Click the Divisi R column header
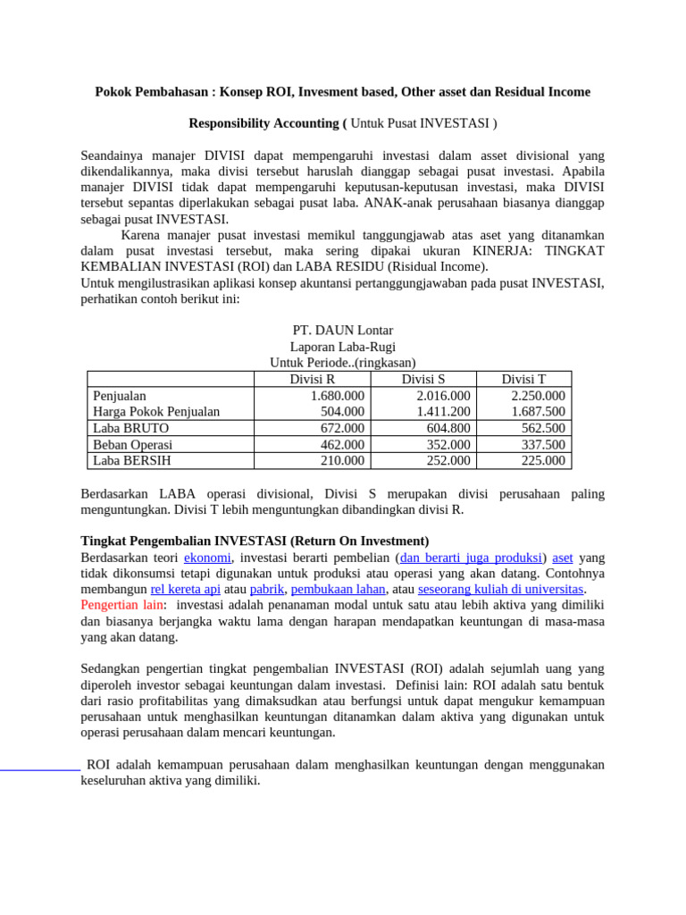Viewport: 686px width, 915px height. tap(313, 379)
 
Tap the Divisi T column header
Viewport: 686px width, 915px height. tap(523, 379)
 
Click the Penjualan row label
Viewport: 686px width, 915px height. tap(120, 396)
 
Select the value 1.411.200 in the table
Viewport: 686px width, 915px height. tap(443, 412)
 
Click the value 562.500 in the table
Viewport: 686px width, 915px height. tap(543, 428)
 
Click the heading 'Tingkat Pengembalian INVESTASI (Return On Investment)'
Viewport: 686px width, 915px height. tap(255, 541)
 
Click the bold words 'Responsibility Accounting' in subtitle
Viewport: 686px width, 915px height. tap(265, 122)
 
